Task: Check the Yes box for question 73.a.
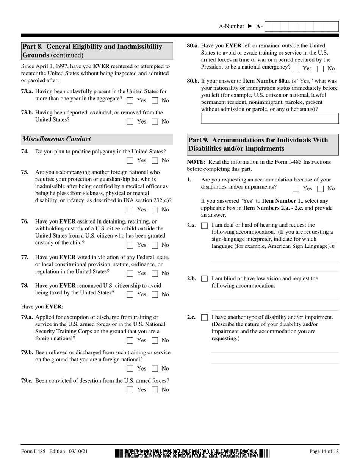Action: (130, 101)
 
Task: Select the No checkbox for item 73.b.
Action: (155, 122)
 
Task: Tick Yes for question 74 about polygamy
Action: (130, 161)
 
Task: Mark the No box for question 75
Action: (155, 210)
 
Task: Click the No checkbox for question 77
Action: (155, 273)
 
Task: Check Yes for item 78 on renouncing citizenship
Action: (130, 294)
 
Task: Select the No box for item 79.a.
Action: (155, 341)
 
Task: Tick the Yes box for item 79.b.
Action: (130, 369)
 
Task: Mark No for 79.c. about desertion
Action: (155, 390)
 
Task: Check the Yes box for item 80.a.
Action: (296, 69)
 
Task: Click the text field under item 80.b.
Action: (270, 118)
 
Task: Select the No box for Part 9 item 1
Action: (321, 189)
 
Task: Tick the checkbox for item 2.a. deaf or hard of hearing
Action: (204, 226)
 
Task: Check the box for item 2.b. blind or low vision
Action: (204, 279)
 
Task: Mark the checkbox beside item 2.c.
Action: (204, 317)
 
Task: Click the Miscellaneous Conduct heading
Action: (57, 139)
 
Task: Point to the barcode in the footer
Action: (193, 453)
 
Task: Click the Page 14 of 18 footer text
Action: (324, 452)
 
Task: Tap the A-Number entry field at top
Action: (301, 27)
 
